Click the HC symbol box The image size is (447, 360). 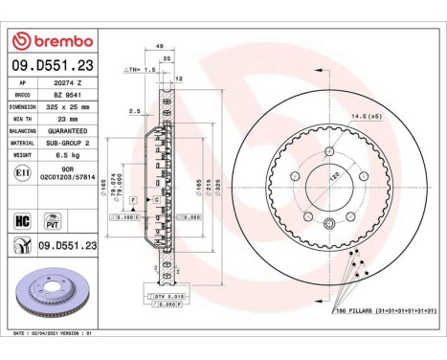(21, 219)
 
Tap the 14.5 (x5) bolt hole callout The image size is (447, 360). (367, 115)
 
